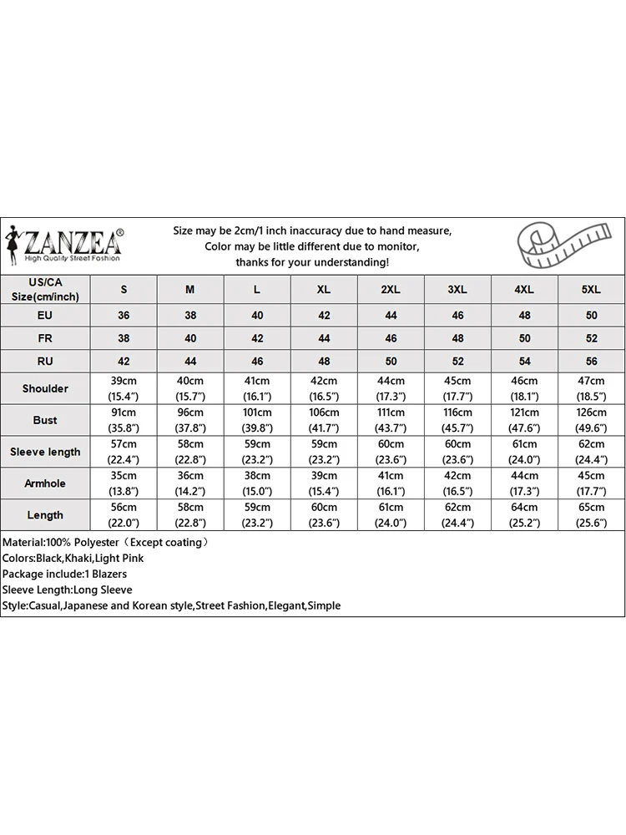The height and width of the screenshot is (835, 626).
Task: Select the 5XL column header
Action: click(x=590, y=289)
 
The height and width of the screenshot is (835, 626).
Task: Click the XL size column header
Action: click(x=324, y=289)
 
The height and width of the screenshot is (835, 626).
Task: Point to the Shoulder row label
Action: click(x=45, y=388)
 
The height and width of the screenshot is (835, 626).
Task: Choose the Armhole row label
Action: click(x=45, y=483)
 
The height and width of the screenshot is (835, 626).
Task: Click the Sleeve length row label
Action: click(x=45, y=452)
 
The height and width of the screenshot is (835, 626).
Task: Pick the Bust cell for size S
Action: click(x=124, y=420)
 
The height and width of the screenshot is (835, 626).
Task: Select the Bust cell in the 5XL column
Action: click(x=590, y=420)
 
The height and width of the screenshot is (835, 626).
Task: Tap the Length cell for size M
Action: click(x=190, y=515)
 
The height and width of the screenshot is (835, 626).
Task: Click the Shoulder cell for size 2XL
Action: click(x=391, y=388)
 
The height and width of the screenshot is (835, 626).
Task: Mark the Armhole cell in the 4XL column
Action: click(x=523, y=483)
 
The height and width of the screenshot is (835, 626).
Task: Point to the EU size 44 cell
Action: click(x=391, y=316)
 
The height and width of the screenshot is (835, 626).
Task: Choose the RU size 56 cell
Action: click(x=590, y=361)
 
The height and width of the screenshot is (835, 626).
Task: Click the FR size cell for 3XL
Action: click(x=457, y=338)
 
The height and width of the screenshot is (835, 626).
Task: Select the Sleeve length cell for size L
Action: click(x=257, y=452)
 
